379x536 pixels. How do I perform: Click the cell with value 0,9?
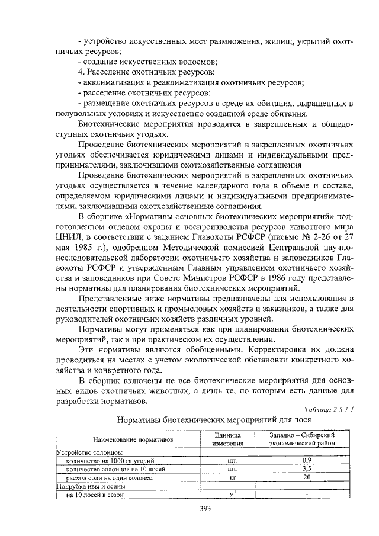[x=306, y=460]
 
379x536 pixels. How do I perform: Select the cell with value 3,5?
[x=306, y=468]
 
